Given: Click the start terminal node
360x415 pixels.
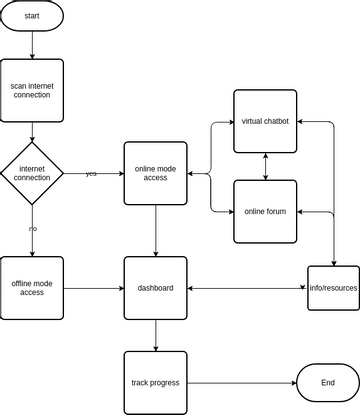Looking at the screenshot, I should pos(32,16).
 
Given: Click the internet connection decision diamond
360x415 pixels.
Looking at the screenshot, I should pos(32,172).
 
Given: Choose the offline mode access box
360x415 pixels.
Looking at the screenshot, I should pos(32,288).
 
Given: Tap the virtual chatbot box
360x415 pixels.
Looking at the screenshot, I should pos(265,121).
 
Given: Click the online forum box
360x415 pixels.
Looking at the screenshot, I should pos(265,211).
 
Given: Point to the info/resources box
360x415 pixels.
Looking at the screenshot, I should pos(332,288).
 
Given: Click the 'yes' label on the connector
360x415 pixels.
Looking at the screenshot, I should pos(91,174).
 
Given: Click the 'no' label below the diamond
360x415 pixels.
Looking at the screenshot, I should pos(32,229).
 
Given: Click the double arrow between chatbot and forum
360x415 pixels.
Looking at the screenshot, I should pos(265,166).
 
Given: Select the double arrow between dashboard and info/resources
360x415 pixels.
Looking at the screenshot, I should pos(245,288).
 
